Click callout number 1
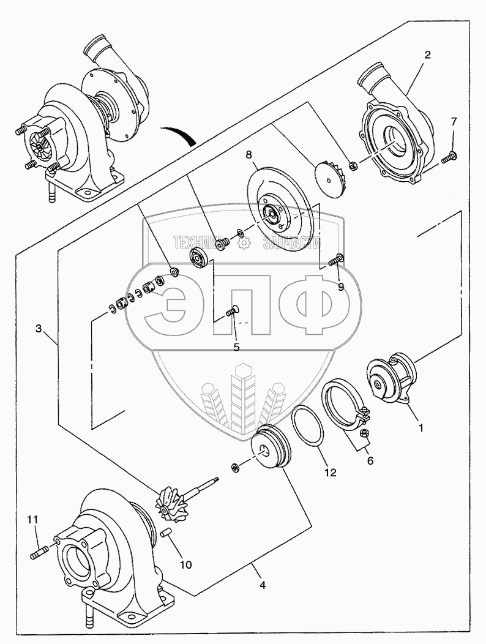pyautogui.click(x=421, y=428)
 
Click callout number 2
pyautogui.click(x=427, y=55)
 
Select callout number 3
pyautogui.click(x=39, y=329)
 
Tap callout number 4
pyautogui.click(x=262, y=585)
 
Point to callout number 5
pyautogui.click(x=236, y=346)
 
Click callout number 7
pyautogui.click(x=454, y=121)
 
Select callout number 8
pyautogui.click(x=249, y=155)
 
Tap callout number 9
pyautogui.click(x=341, y=285)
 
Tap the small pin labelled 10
pyautogui.click(x=166, y=534)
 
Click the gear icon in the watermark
pyautogui.click(x=245, y=243)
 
